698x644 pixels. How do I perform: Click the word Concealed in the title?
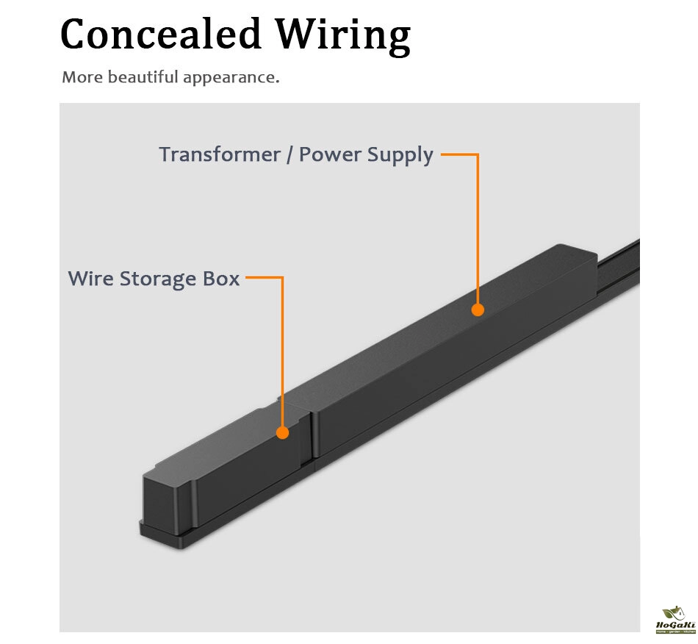[160, 35]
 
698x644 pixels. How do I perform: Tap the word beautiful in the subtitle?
[141, 77]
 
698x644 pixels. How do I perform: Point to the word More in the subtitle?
[82, 77]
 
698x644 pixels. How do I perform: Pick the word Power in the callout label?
[328, 155]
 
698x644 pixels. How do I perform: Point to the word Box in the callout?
[222, 279]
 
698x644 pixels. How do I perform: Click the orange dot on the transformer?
[478, 310]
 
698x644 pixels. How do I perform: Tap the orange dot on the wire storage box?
[282, 432]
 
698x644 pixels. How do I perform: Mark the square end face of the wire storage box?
[168, 504]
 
